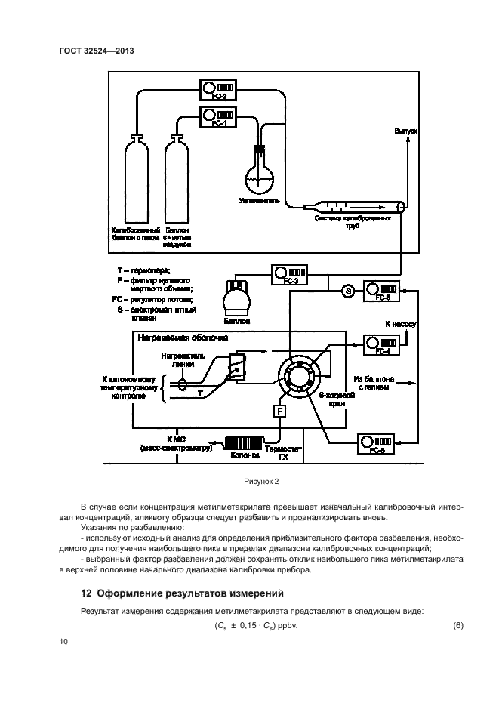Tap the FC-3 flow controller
tap(290, 273)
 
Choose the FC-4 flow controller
tap(382, 344)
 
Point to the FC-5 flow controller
tap(376, 443)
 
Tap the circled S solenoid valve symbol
tap(349, 291)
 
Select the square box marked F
tap(280, 412)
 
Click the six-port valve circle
tap(297, 376)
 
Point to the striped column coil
tap(243, 443)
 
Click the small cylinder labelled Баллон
tap(239, 297)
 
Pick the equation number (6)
tap(456, 624)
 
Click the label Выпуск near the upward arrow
tap(405, 131)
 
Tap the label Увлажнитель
tap(260, 202)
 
